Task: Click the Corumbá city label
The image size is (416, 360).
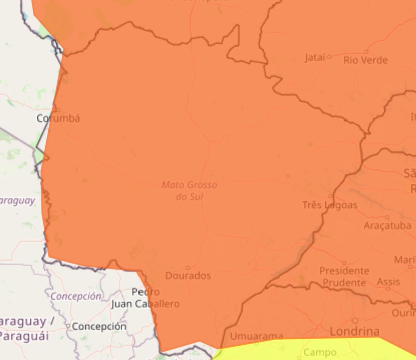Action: tap(58, 118)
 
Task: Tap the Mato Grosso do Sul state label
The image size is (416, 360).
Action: tap(189, 191)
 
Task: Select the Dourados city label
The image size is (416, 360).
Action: tap(188, 276)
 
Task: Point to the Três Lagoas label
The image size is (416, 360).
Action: tap(330, 205)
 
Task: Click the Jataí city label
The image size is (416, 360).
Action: tap(315, 58)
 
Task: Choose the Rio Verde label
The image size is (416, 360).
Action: tap(366, 60)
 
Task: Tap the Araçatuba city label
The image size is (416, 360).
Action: tap(387, 226)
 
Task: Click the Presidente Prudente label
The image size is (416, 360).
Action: tap(344, 277)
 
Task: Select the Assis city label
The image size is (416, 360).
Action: tap(388, 282)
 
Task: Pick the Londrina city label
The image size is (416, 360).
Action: tap(354, 331)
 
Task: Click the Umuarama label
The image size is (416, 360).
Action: tap(256, 336)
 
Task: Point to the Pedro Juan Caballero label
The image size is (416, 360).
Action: tap(146, 298)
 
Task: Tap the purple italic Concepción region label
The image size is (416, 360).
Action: tap(76, 296)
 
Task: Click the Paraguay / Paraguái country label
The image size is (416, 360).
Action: tap(23, 328)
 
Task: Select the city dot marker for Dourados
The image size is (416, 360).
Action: tap(188, 268)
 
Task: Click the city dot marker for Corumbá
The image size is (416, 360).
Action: tap(58, 110)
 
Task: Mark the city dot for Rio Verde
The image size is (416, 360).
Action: tap(366, 52)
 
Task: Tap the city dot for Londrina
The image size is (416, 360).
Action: tap(355, 321)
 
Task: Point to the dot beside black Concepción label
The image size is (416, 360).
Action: tap(69, 327)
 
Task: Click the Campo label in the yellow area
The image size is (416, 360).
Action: tap(320, 353)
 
